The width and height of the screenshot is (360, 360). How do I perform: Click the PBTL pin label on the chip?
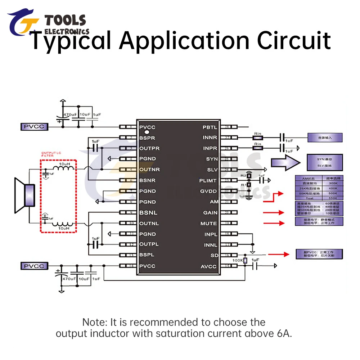point(210,127)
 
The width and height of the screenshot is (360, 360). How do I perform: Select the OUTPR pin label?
point(149,148)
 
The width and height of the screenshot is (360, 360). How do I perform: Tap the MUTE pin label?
point(209,224)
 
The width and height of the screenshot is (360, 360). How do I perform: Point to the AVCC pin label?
point(209,266)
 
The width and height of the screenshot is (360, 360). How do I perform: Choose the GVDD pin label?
point(209,191)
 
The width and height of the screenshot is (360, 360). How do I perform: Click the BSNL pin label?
point(148,213)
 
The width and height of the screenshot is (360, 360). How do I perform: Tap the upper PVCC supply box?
point(34,127)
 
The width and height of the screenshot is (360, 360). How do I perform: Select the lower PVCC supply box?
point(34,266)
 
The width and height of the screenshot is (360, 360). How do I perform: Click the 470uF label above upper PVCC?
point(71,114)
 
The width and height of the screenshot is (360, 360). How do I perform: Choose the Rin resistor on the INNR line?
point(257,138)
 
